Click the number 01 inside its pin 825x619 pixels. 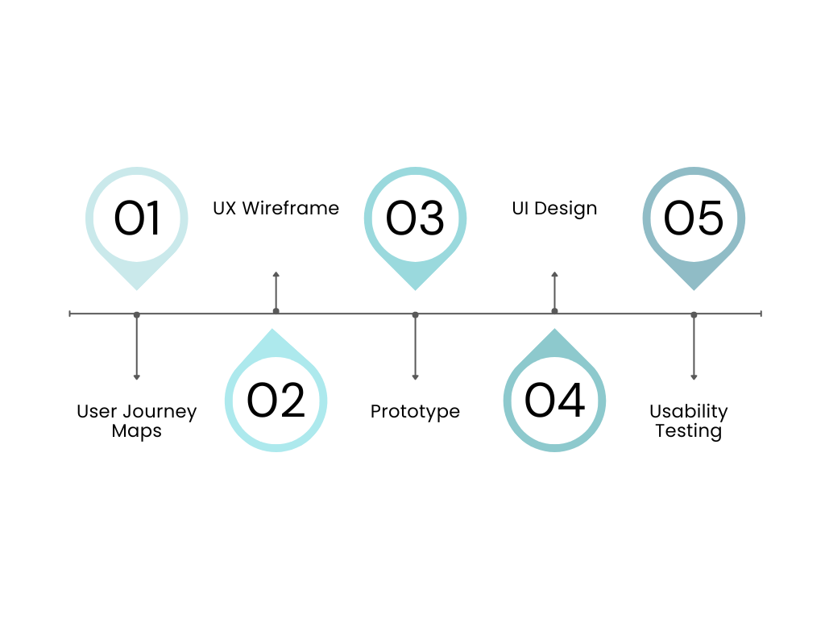pos(137,218)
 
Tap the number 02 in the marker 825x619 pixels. pos(276,401)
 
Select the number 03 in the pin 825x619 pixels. pos(415,218)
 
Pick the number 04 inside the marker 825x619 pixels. pos(554,401)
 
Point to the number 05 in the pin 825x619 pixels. pos(694,218)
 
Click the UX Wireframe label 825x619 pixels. pos(276,208)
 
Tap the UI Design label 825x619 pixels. pos(554,208)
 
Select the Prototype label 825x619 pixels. pos(415,411)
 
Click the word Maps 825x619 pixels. pos(136,431)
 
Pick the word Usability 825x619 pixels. pos(688,411)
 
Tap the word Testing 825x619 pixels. pos(688,431)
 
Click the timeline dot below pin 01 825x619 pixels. pos(137,314)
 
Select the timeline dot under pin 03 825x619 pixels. pos(415,314)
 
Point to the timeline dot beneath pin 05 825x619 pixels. pos(694,314)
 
